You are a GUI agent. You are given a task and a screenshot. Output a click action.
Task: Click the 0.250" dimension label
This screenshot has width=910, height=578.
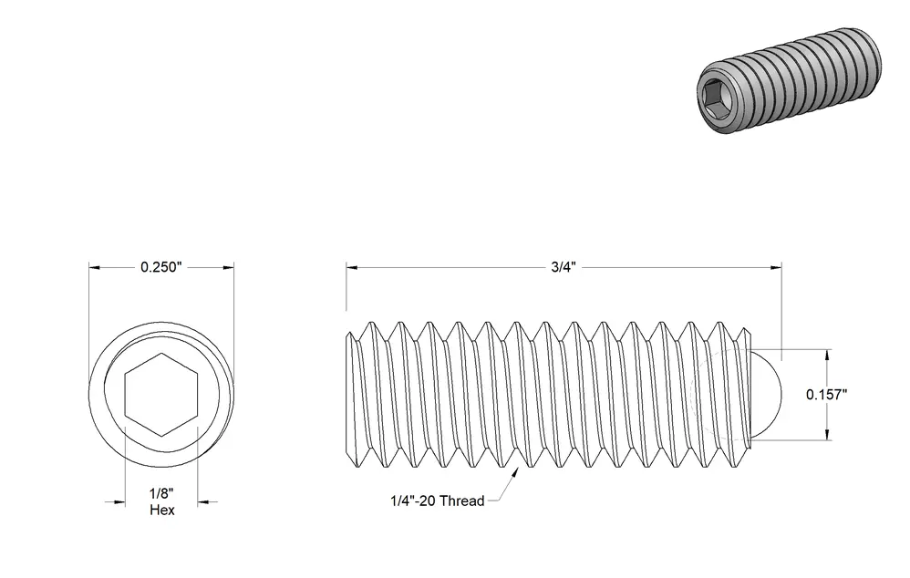161,267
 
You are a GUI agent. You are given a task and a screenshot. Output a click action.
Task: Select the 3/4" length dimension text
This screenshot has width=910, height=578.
563,267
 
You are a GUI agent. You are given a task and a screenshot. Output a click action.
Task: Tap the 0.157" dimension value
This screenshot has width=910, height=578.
826,395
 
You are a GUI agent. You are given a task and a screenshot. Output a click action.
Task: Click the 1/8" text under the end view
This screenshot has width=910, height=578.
161,493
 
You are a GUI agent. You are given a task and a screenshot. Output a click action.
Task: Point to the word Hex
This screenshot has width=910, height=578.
162,511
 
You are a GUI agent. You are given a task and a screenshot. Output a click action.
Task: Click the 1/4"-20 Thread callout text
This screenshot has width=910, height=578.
437,501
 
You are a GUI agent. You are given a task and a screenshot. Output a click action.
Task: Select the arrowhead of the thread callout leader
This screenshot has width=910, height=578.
514,473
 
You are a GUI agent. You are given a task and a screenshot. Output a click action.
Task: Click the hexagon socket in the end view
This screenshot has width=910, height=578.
161,395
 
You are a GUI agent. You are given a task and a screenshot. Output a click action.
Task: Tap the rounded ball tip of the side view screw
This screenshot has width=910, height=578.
767,395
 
